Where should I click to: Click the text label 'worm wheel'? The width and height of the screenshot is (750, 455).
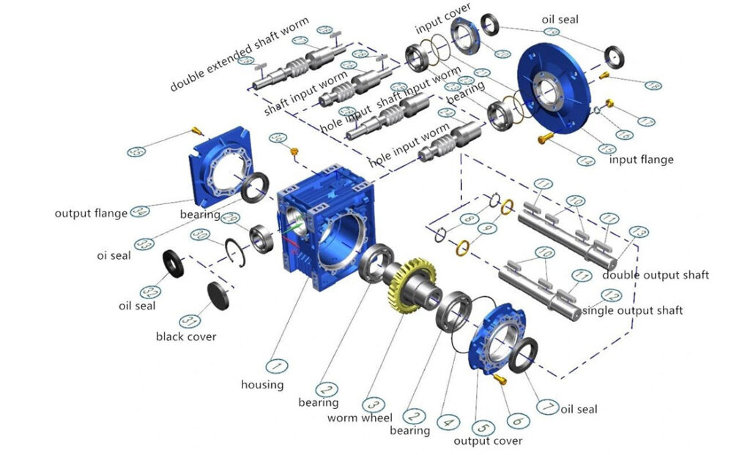(x=360, y=418)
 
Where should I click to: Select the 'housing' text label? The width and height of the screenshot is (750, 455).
(x=262, y=384)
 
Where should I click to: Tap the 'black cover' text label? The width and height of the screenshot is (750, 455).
(x=186, y=336)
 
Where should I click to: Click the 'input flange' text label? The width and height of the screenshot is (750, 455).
(x=641, y=159)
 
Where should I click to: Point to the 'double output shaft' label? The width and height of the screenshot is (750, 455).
(x=656, y=275)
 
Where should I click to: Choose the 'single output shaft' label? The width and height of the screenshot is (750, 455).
(x=632, y=310)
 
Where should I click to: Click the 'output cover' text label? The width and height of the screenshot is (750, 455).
(x=488, y=440)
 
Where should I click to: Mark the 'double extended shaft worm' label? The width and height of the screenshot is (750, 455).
(x=240, y=55)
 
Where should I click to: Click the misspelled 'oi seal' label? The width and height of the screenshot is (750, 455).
(x=113, y=256)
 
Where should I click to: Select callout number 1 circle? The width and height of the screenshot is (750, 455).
(x=275, y=365)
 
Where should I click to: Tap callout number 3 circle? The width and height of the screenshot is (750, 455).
(x=372, y=404)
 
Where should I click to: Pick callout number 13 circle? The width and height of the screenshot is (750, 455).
(x=639, y=233)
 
